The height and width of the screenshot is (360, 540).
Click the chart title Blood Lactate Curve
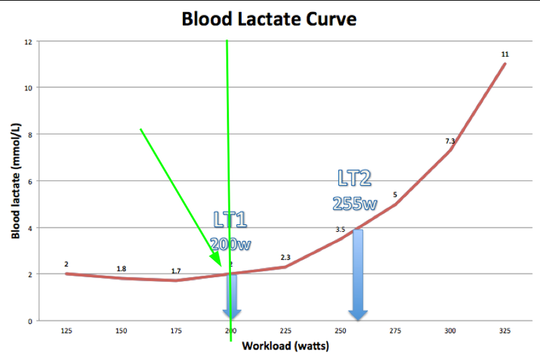(x=269, y=19)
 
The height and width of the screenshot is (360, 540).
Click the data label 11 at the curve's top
(x=505, y=53)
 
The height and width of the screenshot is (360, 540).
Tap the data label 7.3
(x=450, y=140)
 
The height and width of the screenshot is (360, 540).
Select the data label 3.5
(x=340, y=230)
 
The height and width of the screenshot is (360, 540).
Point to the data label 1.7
(x=175, y=271)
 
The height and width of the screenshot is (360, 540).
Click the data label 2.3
(x=285, y=257)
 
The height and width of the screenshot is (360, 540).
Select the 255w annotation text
(x=354, y=202)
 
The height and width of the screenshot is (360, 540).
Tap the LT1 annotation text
(x=230, y=219)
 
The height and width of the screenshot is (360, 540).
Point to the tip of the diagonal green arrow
(x=221, y=264)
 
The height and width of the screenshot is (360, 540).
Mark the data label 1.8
(x=121, y=269)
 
